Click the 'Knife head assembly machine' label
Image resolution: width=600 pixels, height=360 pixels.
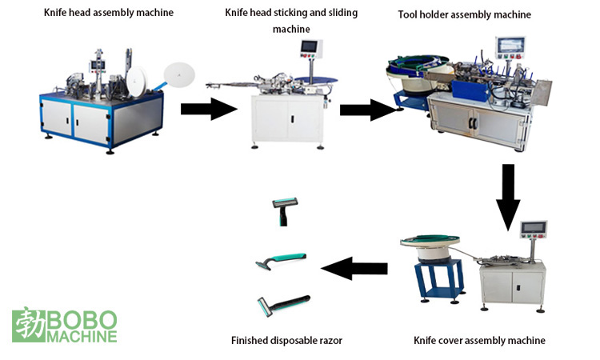pyautogui.click(x=108, y=13)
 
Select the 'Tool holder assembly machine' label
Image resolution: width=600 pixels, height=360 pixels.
pyautogui.click(x=464, y=14)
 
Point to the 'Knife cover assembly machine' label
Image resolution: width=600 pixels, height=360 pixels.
pyautogui.click(x=479, y=340)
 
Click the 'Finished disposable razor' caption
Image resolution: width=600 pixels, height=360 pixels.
pyautogui.click(x=286, y=340)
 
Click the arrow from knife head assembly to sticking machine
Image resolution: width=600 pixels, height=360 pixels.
pyautogui.click(x=210, y=109)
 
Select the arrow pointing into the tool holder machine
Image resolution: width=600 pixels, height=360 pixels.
pyautogui.click(x=369, y=110)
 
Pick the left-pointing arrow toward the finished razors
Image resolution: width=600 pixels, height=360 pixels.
pyautogui.click(x=354, y=268)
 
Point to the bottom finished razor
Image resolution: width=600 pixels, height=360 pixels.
pyautogui.click(x=282, y=306)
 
